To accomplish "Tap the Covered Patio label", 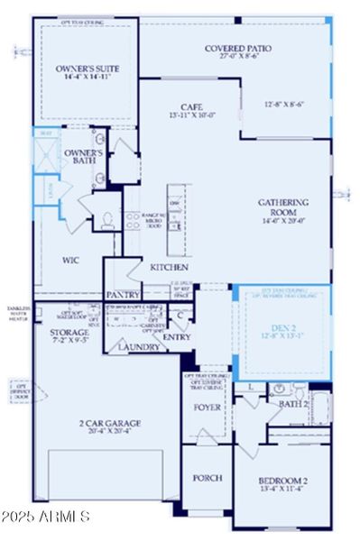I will tap(238, 49).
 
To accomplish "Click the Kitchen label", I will tap(169, 268).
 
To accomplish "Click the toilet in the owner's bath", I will tap(106, 218).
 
